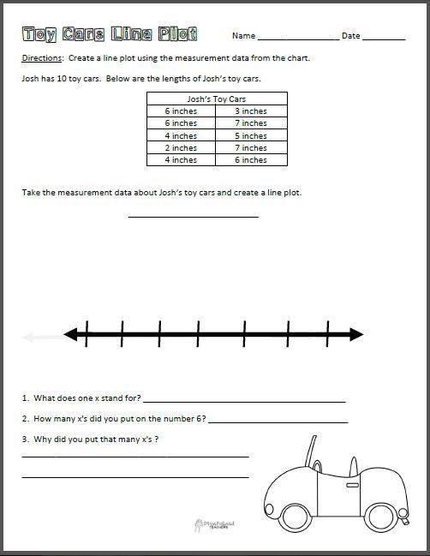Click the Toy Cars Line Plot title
[110, 34]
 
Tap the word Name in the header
[243, 36]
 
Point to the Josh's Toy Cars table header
[216, 99]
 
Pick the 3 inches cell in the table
[251, 111]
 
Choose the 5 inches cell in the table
[251, 135]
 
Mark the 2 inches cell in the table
[181, 147]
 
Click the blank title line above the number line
[193, 216]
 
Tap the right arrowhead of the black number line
[355, 333]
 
